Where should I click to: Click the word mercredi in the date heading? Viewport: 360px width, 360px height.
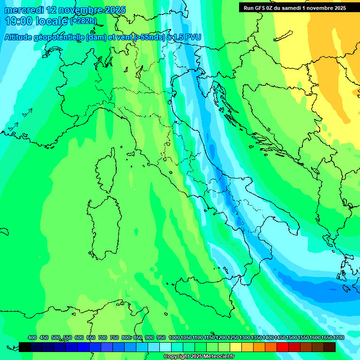point(24,10)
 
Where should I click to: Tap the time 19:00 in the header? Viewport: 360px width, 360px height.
point(18,21)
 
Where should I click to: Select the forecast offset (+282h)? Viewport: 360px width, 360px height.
point(83,21)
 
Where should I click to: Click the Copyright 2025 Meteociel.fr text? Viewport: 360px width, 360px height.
point(199,357)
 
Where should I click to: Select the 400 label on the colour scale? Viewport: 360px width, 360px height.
point(32,338)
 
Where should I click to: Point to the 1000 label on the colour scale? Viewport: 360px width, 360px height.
point(174,338)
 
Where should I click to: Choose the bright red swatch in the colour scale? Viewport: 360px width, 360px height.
point(282,347)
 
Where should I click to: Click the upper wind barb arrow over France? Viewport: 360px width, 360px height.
point(27,112)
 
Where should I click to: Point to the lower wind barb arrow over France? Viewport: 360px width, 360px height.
point(13,127)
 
